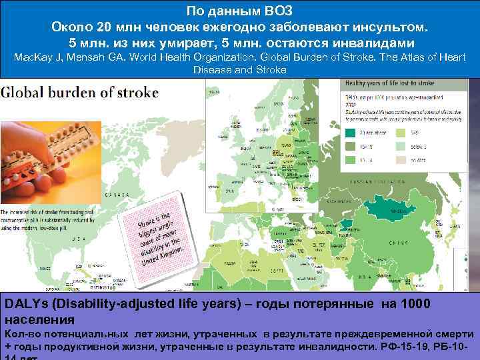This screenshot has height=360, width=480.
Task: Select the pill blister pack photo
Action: pos(50,153)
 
